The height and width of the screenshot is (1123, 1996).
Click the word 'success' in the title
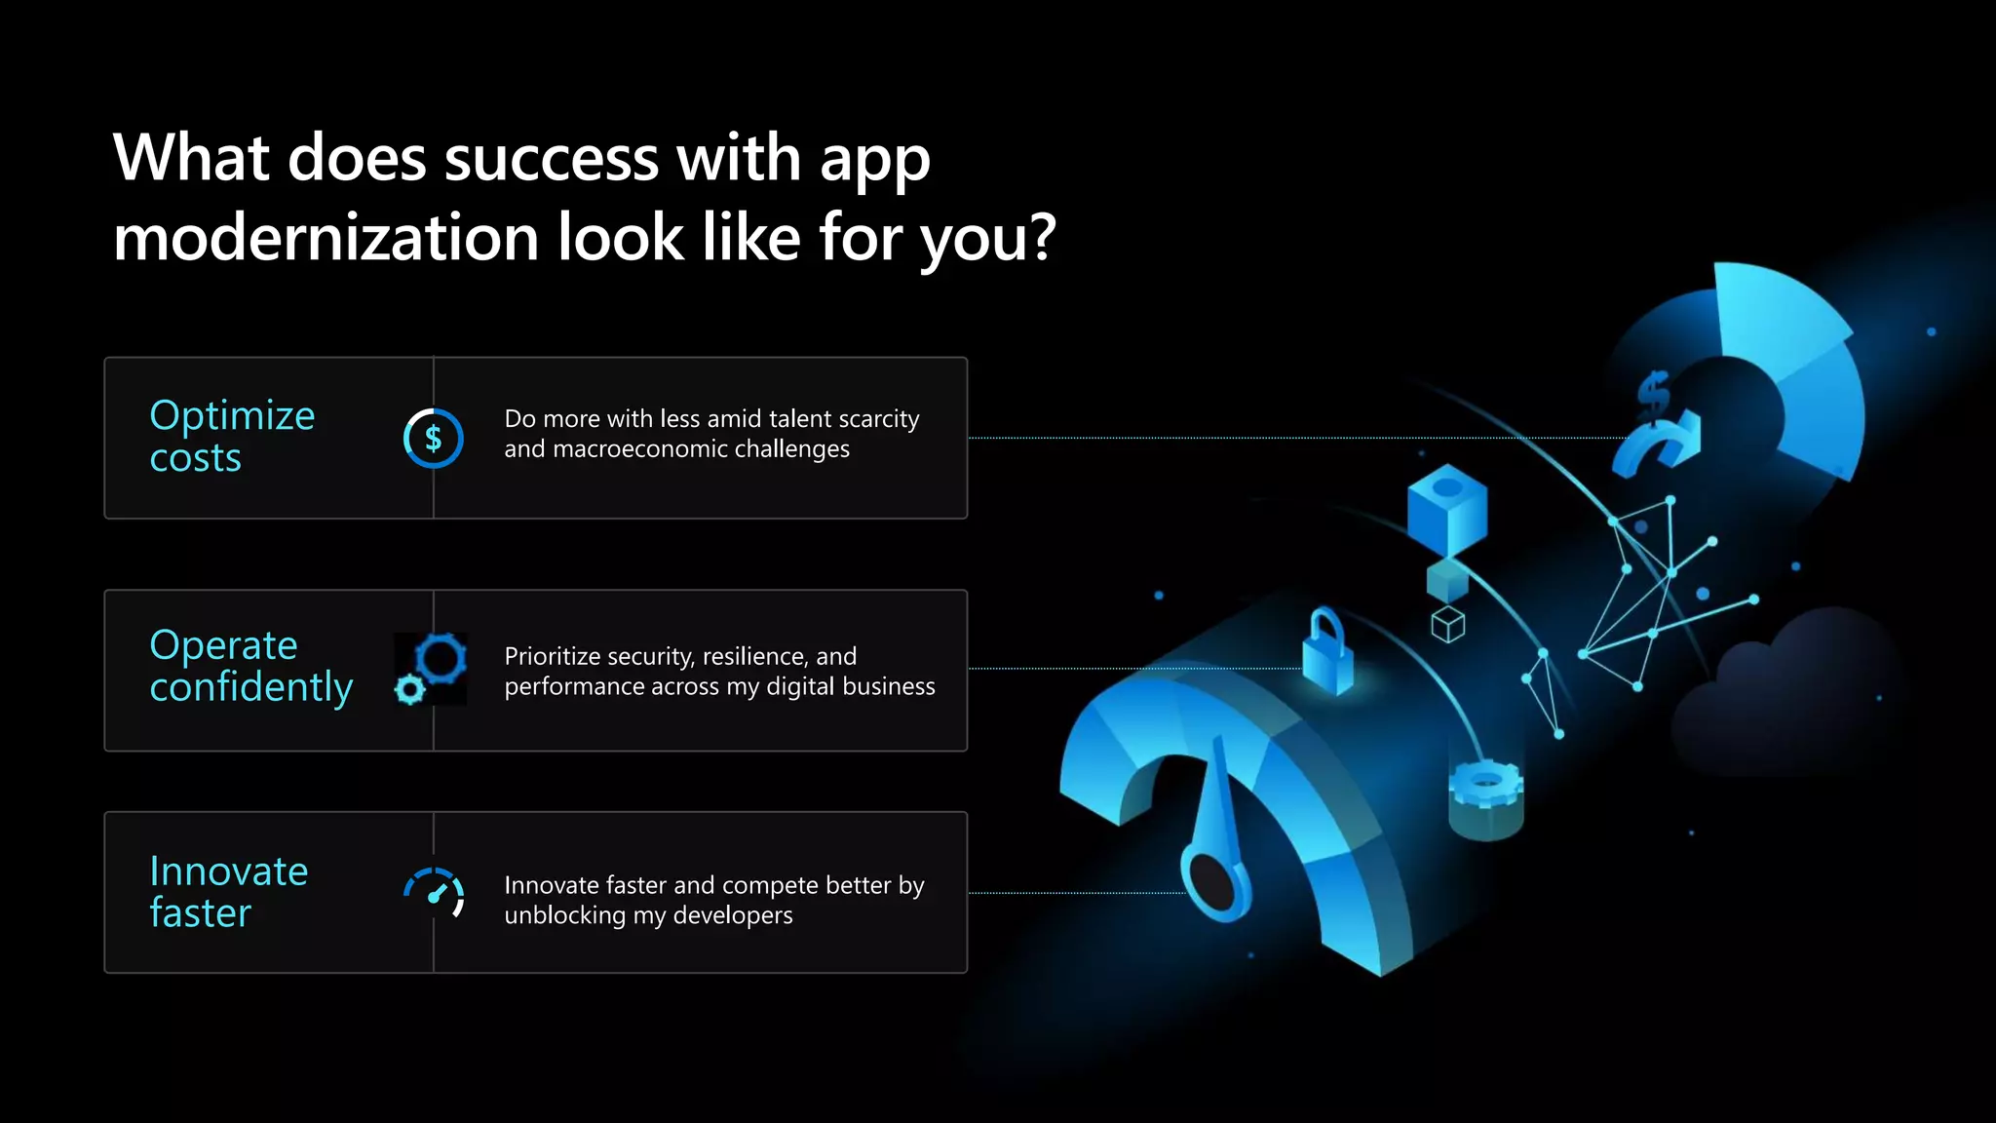pos(551,158)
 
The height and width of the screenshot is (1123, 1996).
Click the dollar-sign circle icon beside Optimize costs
pos(433,439)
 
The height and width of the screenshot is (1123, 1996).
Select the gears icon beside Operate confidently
pos(432,669)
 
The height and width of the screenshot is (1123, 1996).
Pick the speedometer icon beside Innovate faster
pos(434,892)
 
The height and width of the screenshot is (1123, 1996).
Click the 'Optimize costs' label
pos(232,437)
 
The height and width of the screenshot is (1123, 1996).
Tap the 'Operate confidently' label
pos(250,666)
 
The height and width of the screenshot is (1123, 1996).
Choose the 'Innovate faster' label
pos(228,892)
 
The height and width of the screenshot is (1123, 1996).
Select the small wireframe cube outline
pos(1448,625)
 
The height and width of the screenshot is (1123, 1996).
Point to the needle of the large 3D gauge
pos(1219,829)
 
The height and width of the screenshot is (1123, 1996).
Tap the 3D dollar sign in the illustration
pos(1654,396)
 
